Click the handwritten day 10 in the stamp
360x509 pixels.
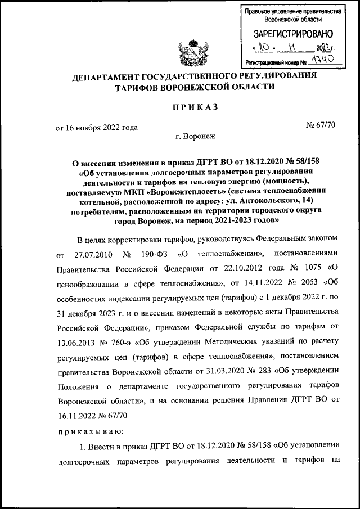(x=268, y=48)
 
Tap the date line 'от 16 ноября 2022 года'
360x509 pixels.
(x=96, y=127)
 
